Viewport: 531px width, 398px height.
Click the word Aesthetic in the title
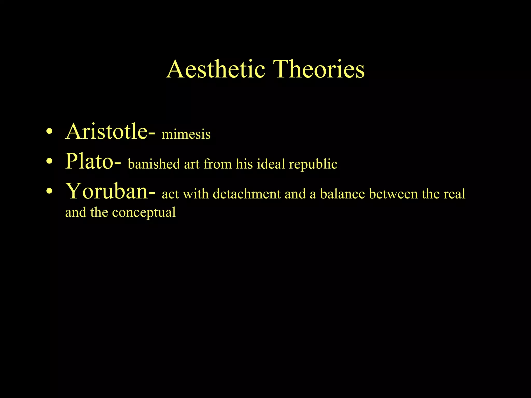pos(216,69)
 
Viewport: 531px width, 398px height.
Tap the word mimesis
pos(186,134)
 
